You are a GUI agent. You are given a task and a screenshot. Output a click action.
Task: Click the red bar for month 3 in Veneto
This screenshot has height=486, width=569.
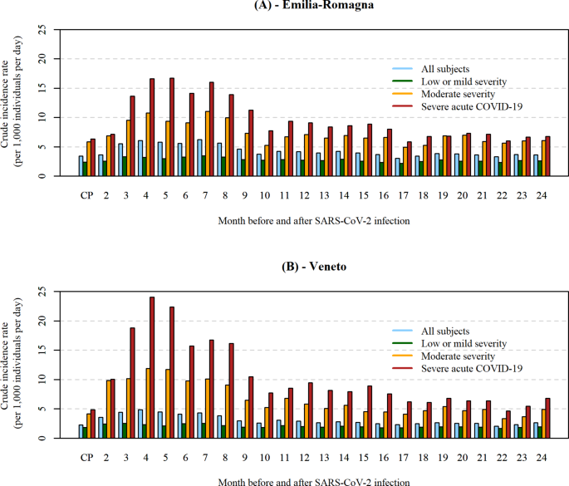[x=132, y=382]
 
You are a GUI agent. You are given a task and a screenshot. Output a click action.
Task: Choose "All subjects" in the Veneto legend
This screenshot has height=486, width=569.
[x=446, y=331]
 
